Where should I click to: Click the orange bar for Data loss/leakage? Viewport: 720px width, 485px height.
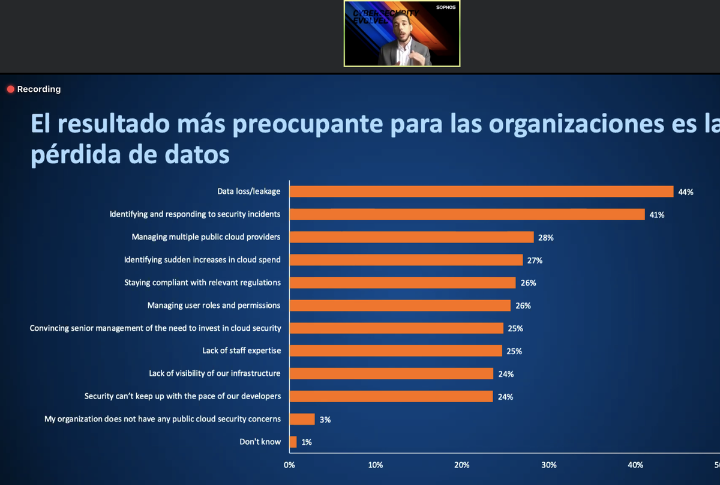481,191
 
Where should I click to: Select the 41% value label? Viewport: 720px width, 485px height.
656,215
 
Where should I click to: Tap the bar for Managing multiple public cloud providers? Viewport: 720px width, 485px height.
412,237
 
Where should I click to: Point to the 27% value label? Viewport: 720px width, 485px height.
535,261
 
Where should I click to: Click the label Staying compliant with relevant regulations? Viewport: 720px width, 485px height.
202,282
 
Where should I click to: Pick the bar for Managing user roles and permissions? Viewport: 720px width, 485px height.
400,306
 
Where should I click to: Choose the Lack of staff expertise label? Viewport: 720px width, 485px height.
241,351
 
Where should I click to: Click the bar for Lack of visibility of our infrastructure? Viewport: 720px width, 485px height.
391,373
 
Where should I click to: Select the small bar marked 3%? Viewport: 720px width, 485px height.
302,419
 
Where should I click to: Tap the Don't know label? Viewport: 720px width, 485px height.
260,442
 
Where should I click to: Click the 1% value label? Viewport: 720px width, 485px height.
307,442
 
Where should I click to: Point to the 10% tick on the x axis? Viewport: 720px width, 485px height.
376,465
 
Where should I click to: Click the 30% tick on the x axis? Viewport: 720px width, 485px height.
548,465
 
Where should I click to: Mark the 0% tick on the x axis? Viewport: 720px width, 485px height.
289,465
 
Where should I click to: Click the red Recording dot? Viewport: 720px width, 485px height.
10,89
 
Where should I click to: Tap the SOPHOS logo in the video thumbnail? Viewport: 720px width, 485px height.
445,7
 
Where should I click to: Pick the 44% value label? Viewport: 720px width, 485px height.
686,192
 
